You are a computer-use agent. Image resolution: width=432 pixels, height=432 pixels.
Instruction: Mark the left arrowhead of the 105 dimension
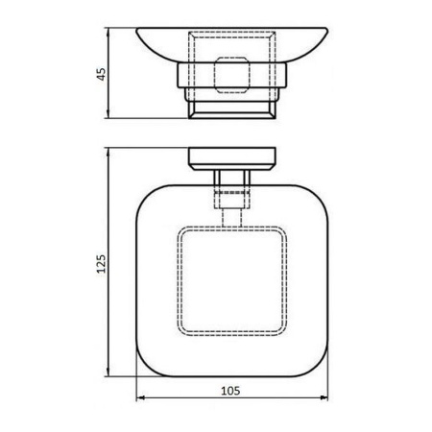coord(139,399)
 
